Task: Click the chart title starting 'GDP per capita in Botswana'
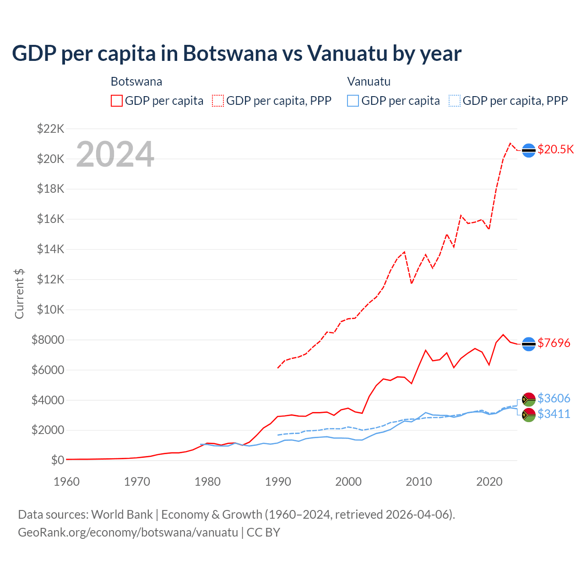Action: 236,53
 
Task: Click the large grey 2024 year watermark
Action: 115,154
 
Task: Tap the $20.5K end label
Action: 555,150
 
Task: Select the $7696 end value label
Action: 554,343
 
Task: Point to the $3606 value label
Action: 554,398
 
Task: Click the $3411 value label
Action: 554,414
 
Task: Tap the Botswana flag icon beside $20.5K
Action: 529,150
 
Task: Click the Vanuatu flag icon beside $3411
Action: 529,415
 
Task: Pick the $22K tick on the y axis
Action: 50,129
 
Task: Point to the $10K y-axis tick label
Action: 50,309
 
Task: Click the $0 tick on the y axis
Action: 57,460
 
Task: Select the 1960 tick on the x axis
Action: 67,482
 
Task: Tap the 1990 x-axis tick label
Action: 278,482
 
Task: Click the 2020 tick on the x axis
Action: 489,482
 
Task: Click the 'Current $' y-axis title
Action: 19,293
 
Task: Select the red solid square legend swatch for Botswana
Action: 117,101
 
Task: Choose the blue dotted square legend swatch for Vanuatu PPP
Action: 455,101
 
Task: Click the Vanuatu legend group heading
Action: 369,81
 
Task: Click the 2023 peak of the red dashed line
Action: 510,143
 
